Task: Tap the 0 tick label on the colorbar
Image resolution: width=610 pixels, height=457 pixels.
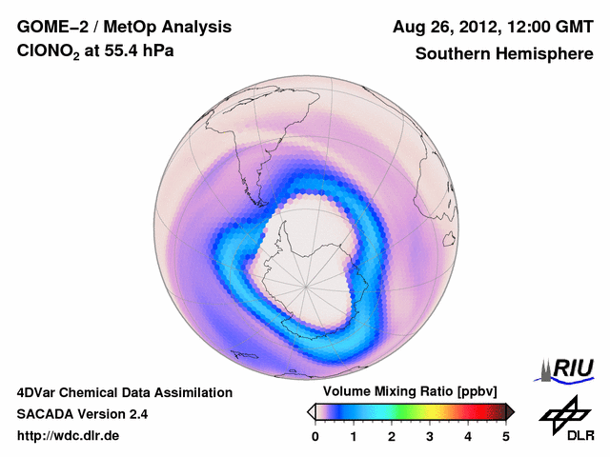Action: pos(315,436)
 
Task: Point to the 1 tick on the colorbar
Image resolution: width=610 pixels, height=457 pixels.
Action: pos(354,436)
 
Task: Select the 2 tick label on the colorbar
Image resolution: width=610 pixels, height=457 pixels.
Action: pos(392,436)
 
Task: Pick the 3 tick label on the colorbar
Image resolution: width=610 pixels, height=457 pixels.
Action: pos(430,436)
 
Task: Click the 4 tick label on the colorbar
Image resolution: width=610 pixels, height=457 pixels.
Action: pos(468,436)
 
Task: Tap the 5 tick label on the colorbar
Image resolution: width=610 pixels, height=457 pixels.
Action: pos(506,436)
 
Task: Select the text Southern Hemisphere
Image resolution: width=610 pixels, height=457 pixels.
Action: pos(504,54)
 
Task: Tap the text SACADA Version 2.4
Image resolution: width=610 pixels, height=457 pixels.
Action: pos(82,414)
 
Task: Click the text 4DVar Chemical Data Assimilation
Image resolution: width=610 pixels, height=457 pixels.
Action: pos(125,392)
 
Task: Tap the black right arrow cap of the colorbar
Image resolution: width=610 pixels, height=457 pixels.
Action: pos(511,410)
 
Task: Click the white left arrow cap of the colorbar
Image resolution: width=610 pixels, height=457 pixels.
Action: pos(311,410)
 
